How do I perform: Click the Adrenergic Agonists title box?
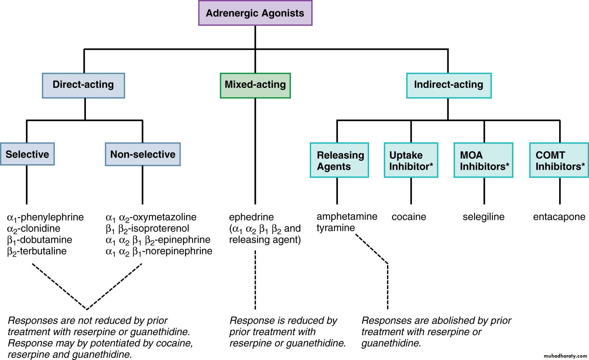coord(255,13)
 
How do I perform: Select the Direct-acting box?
coord(83,85)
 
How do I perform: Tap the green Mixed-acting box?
coord(255,85)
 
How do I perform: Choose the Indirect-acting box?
coord(449,85)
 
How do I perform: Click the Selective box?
coord(27,154)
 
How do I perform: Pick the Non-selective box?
coord(143,154)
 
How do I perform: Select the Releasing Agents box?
coord(339,160)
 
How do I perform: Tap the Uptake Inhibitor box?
coord(411,160)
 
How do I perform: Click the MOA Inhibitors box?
coord(483,160)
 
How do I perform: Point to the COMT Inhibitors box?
coord(559,160)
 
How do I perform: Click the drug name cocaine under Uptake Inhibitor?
coord(409,217)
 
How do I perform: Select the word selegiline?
coord(483,217)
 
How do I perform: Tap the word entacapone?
coord(559,217)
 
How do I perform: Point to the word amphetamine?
coord(347,216)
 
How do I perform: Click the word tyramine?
coord(335,228)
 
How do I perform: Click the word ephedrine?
coord(251,217)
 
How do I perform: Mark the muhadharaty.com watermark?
coord(565,356)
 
